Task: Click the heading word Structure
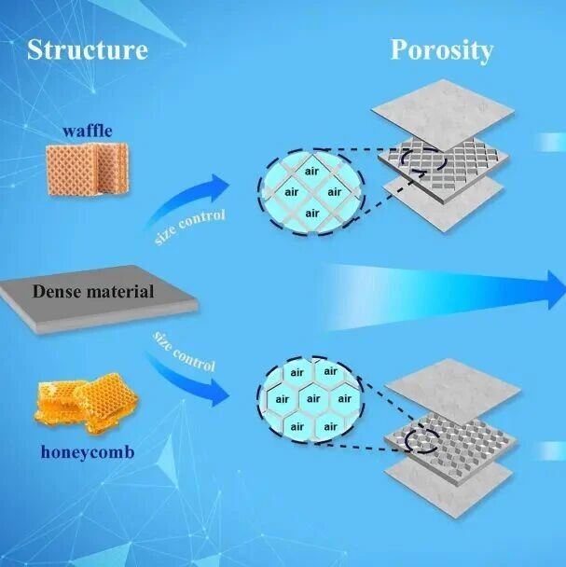(87, 48)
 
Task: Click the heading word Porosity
(440, 48)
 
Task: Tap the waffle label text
(89, 131)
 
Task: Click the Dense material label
(93, 291)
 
